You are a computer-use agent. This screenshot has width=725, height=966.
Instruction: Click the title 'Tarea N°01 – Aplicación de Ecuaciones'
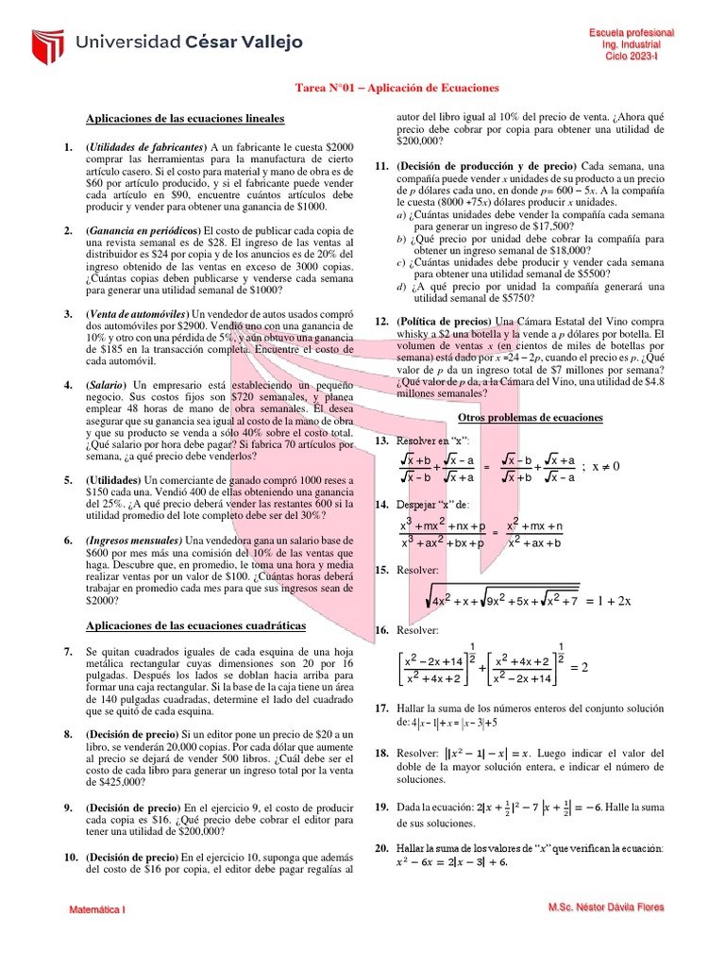click(396, 88)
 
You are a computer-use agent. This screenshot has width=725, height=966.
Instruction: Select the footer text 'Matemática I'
click(99, 909)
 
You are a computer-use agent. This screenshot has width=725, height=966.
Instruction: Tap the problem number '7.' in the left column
click(68, 652)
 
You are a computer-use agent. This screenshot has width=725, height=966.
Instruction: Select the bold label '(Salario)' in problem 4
click(107, 385)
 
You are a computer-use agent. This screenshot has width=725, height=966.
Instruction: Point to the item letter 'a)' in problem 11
click(402, 214)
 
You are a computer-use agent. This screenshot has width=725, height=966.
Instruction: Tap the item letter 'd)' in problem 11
click(402, 287)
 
